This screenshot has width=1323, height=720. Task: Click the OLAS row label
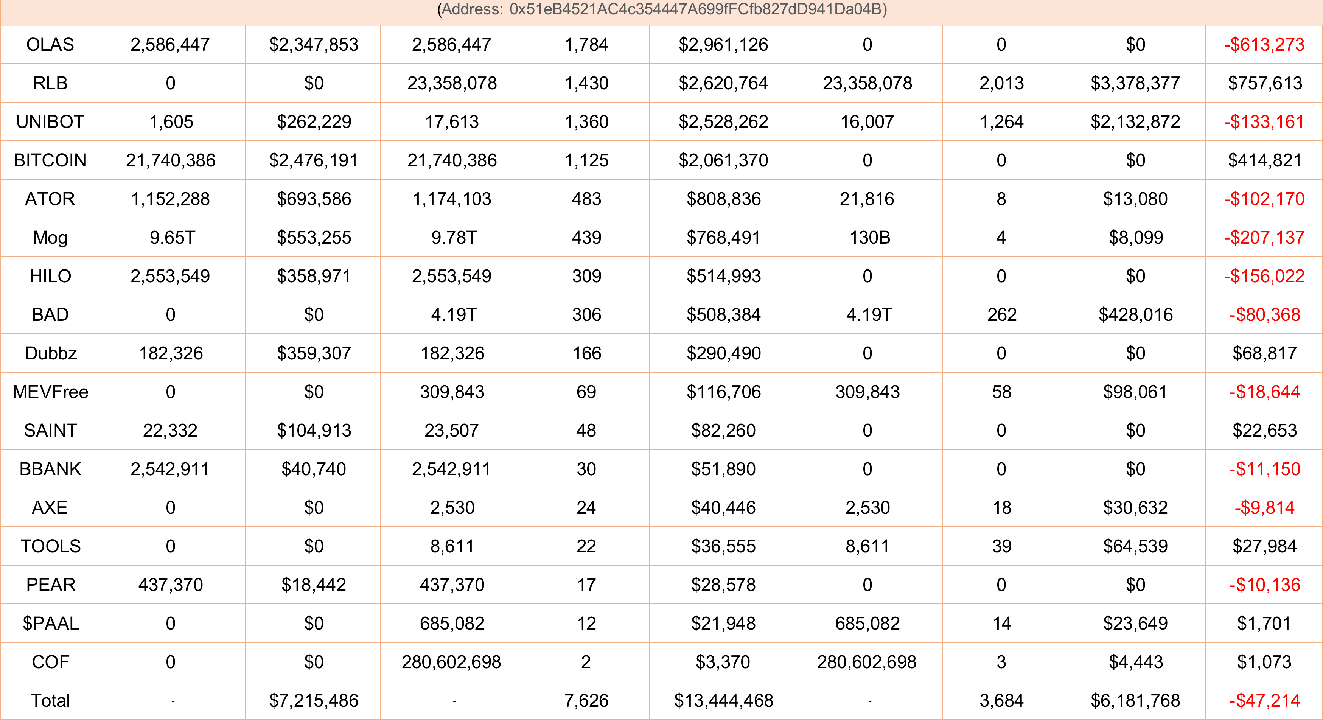50,45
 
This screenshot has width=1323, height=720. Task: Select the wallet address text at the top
661,9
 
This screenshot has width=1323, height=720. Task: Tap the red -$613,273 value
1264,45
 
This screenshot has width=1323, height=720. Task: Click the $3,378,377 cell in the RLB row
1135,83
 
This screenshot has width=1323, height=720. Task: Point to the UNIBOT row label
50,122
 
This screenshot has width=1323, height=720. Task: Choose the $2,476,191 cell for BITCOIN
313,160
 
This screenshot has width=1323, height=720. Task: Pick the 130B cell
869,237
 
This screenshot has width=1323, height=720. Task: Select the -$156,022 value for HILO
1264,276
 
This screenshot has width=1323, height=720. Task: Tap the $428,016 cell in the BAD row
1135,315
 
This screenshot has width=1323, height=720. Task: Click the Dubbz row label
51,353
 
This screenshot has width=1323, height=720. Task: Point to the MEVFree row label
50,392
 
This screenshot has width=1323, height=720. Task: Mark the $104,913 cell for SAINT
313,430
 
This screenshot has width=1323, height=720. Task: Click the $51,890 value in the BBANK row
723,469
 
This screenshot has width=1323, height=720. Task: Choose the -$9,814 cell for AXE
1264,507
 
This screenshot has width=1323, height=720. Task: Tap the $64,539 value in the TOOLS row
1135,546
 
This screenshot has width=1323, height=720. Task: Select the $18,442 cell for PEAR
313,585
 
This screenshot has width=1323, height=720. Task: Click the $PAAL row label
50,623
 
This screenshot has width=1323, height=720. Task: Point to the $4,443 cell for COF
1135,662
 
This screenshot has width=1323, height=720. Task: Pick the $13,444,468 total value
723,700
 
